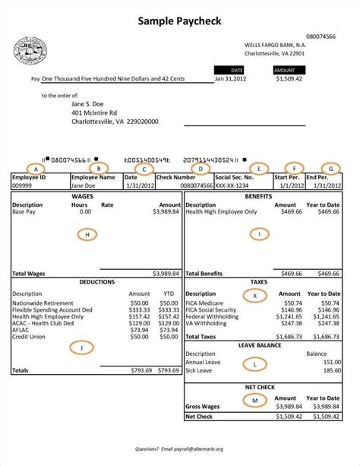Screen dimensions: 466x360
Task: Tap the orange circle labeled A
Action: tap(33, 168)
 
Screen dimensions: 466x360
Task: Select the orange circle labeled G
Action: tap(330, 168)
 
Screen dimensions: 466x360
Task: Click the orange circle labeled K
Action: tap(255, 294)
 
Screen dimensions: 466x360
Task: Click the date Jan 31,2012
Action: tap(230, 78)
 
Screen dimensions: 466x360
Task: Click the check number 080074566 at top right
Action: tap(321, 36)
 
